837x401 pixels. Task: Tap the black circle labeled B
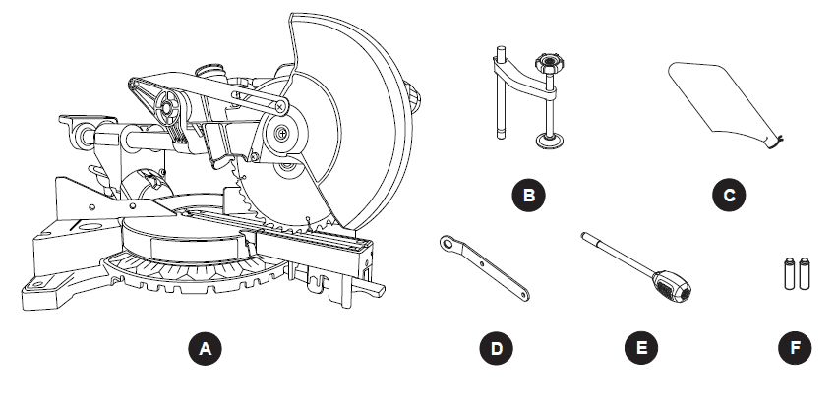530,195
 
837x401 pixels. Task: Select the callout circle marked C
729,195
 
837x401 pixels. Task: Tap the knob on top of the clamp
548,66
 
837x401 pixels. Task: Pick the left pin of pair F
790,272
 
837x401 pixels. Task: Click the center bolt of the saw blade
282,132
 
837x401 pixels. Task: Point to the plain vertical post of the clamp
500,103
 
